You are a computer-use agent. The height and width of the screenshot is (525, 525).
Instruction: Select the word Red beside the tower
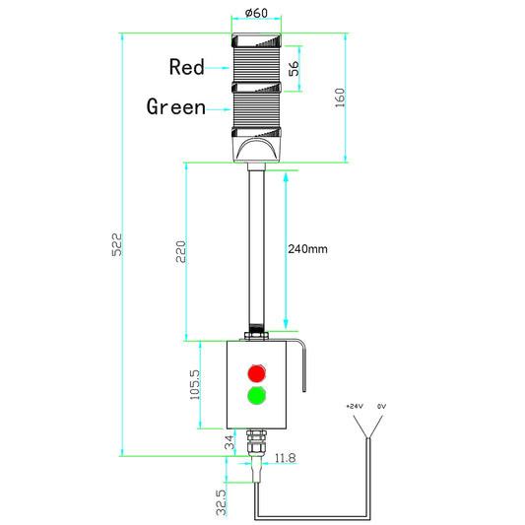click(x=186, y=67)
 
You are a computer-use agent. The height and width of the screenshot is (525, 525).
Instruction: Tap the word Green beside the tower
click(x=176, y=106)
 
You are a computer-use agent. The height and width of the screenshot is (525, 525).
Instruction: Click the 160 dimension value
click(x=340, y=98)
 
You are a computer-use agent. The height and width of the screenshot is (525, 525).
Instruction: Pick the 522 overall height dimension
click(x=115, y=245)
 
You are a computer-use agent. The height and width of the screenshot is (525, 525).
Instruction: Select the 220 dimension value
click(x=179, y=252)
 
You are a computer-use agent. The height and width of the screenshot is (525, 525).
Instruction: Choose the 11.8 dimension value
click(x=286, y=458)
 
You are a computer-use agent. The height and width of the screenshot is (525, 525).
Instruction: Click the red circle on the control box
click(x=257, y=373)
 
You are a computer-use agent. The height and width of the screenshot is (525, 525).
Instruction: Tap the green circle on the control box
click(x=257, y=397)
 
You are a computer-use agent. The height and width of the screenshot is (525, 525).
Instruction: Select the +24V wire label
click(x=354, y=406)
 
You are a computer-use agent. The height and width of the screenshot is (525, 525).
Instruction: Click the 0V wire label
click(x=381, y=406)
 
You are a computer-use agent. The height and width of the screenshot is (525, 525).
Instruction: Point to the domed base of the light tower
click(x=256, y=150)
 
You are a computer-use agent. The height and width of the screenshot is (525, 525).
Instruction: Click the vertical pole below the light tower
click(x=256, y=246)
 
